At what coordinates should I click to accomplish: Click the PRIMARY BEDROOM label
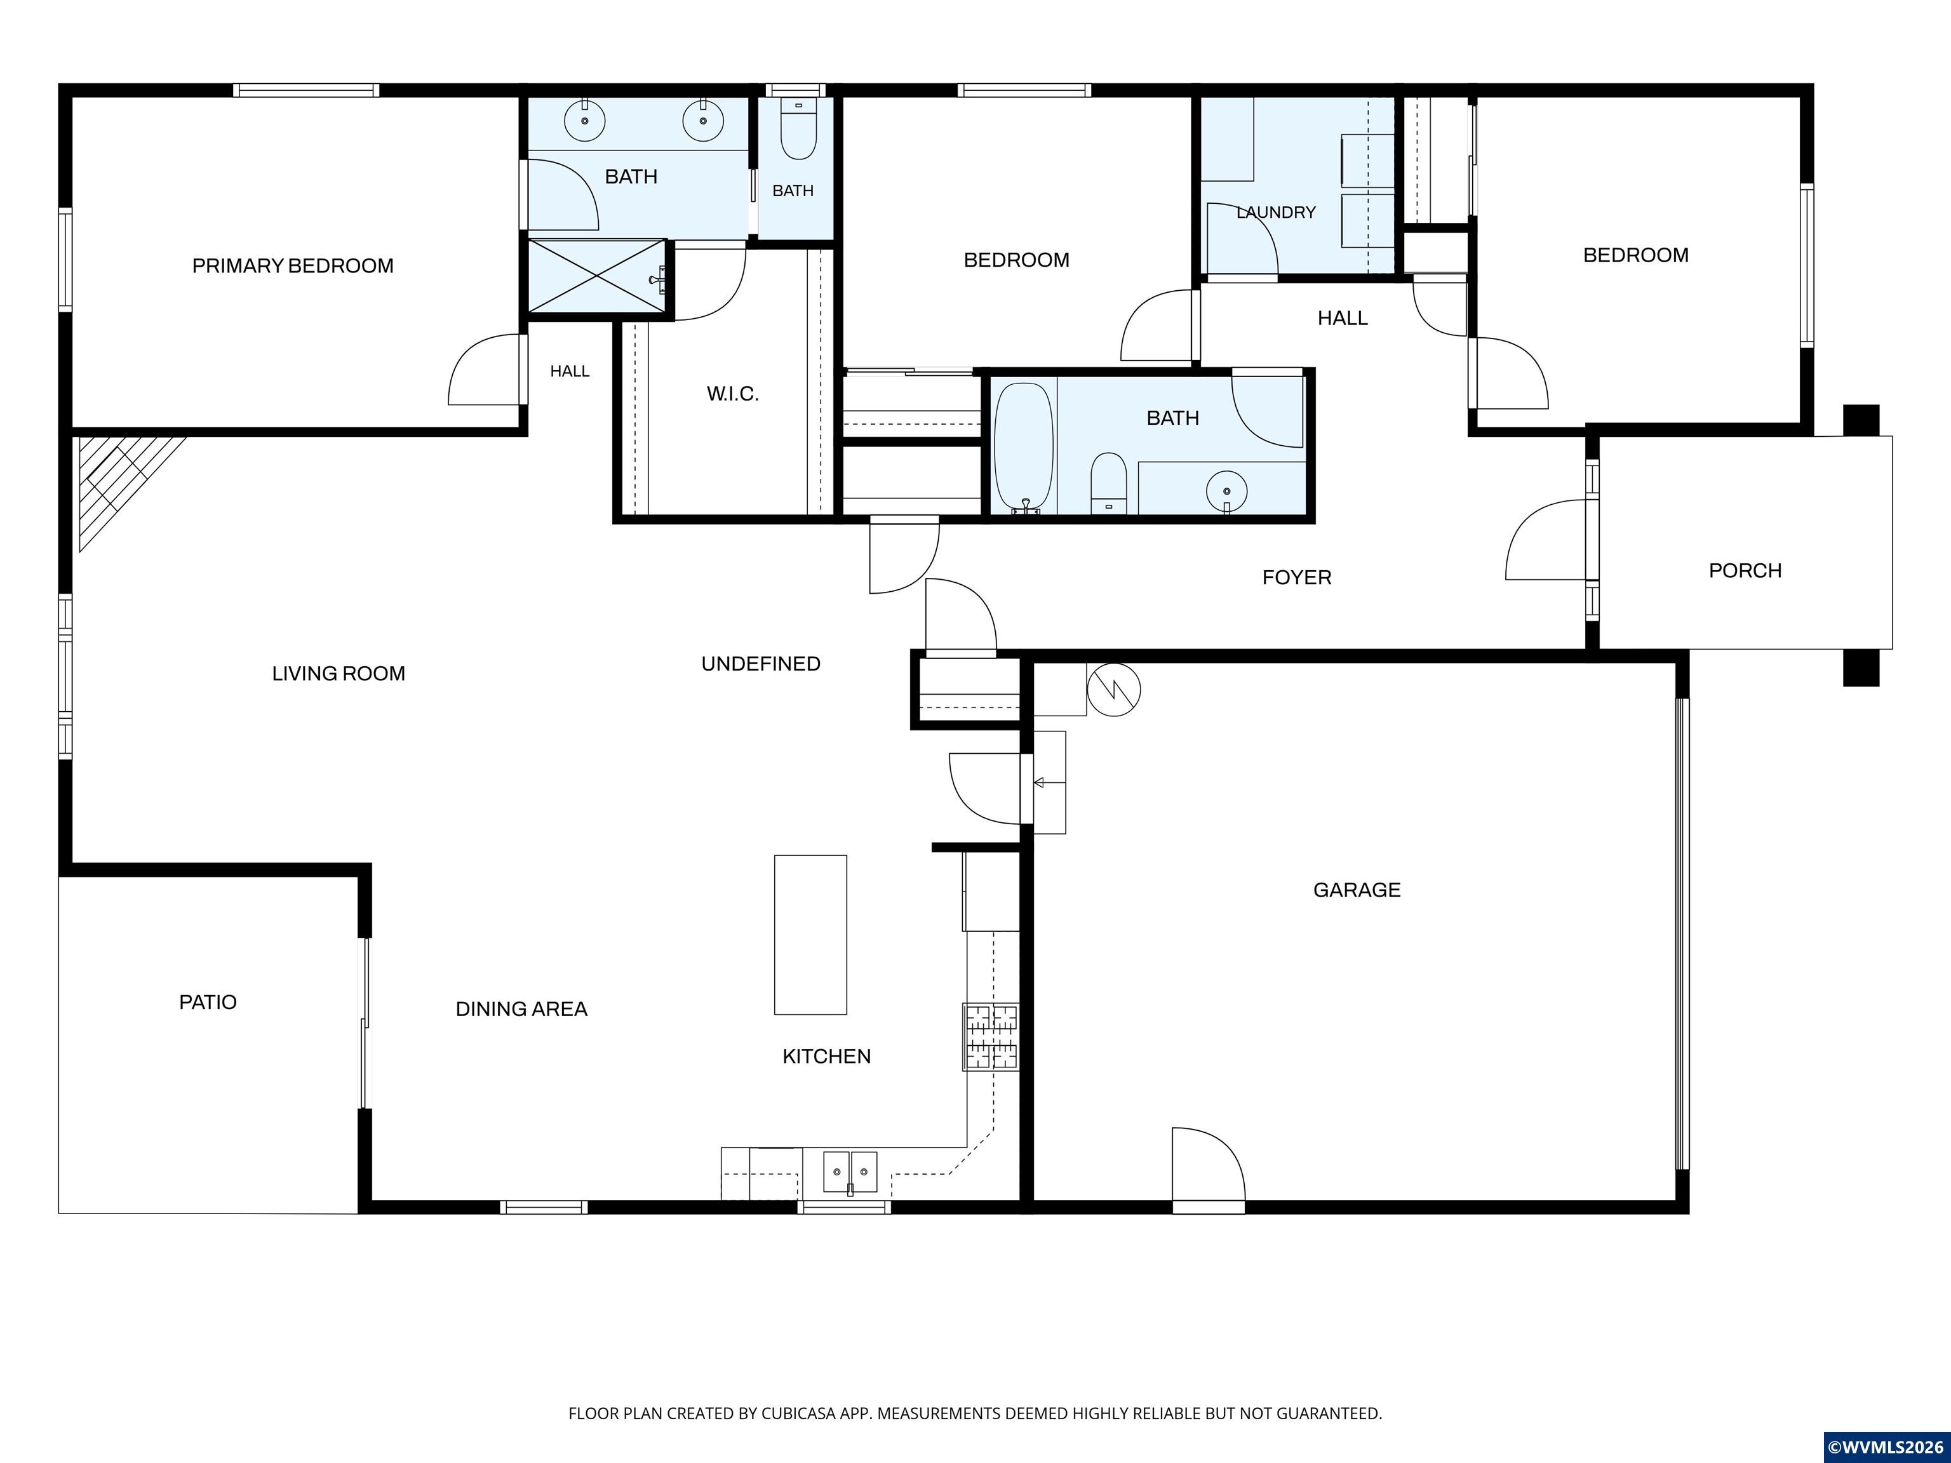(293, 265)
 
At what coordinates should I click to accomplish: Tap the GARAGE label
(1357, 890)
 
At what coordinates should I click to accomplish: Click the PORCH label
(1745, 571)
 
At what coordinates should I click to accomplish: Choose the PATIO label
(208, 1002)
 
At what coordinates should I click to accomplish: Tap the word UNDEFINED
(760, 663)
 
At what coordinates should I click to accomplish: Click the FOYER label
(1297, 578)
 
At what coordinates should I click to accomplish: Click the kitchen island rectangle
(810, 935)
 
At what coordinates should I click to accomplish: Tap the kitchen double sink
(850, 1172)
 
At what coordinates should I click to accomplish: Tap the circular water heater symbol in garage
(1114, 690)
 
